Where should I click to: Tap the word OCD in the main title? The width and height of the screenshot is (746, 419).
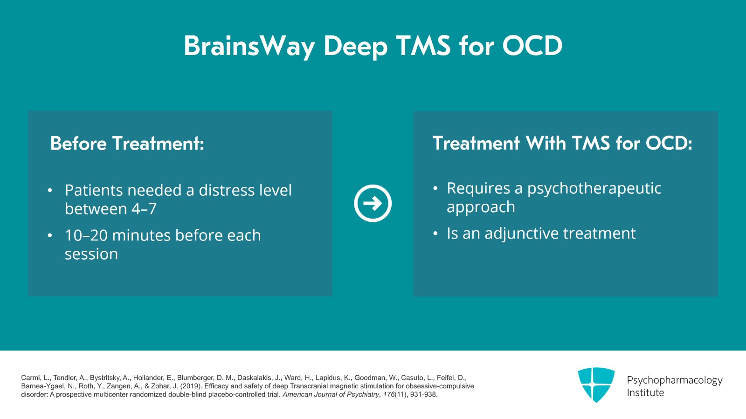532,46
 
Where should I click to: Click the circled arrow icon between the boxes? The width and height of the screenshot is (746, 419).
373,203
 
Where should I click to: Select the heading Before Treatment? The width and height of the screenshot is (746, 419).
127,144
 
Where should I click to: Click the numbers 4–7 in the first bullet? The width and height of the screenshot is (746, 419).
144,209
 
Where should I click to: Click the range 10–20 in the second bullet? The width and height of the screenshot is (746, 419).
86,235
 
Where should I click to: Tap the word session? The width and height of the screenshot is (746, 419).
91,254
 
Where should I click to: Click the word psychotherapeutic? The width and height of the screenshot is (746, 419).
594,188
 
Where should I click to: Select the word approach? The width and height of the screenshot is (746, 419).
481,207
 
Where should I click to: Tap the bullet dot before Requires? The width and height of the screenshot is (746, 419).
435,189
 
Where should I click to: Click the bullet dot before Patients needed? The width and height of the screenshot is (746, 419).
50,191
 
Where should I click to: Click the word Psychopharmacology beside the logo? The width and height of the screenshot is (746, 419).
674,380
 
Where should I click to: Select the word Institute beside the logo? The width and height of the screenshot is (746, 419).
645,393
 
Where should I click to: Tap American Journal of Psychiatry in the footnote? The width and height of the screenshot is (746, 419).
331,394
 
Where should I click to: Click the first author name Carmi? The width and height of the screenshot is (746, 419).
31,378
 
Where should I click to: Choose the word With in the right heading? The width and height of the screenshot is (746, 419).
546,143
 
